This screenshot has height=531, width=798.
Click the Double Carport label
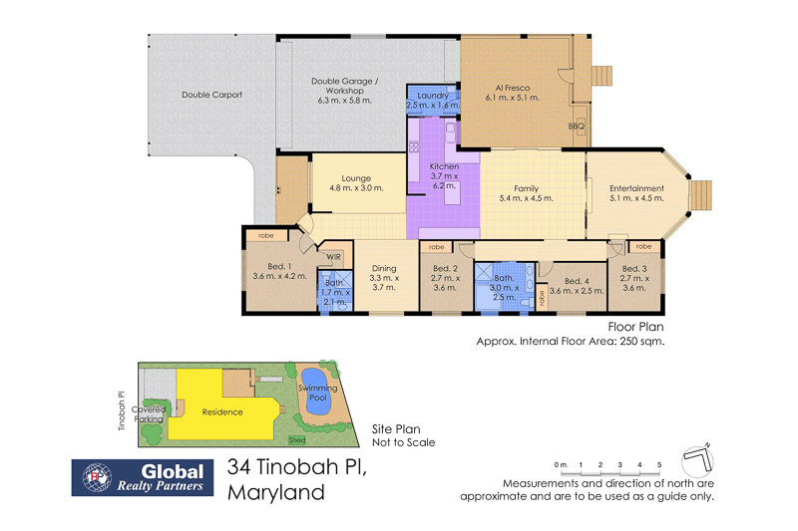tap(211, 96)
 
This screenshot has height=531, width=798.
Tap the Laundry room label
tap(433, 95)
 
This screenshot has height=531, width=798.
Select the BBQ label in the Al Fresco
tap(576, 127)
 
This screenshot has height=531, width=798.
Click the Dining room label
tap(384, 268)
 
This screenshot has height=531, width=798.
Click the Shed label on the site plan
tap(297, 438)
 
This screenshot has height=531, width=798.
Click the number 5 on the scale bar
tap(658, 465)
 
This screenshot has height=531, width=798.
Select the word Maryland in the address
tap(276, 492)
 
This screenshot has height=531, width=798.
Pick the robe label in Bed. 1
tap(265, 236)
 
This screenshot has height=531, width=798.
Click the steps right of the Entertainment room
tap(703, 194)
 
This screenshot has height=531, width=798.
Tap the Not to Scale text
tap(403, 442)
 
